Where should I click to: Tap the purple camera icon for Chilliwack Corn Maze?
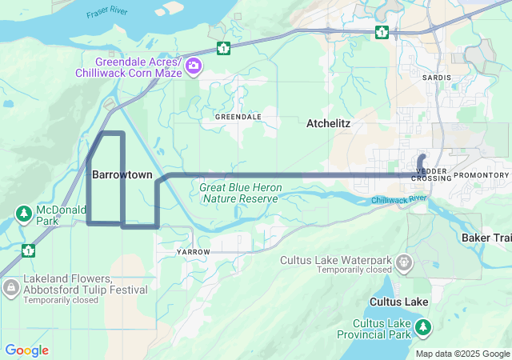193,66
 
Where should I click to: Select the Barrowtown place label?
122,174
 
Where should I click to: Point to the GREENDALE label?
238,117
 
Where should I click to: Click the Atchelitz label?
328,124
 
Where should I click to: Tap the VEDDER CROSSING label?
433,174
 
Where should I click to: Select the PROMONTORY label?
481,175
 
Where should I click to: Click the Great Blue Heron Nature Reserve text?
240,192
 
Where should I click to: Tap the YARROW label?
193,252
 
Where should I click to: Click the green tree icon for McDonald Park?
24,214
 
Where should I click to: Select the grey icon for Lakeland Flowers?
10,286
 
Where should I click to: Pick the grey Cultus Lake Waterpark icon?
404,261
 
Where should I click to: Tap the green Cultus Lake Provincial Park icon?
423,327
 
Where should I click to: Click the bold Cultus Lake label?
398,302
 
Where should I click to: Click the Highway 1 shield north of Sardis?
382,32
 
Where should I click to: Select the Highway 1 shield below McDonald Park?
29,250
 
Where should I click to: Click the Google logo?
26,350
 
